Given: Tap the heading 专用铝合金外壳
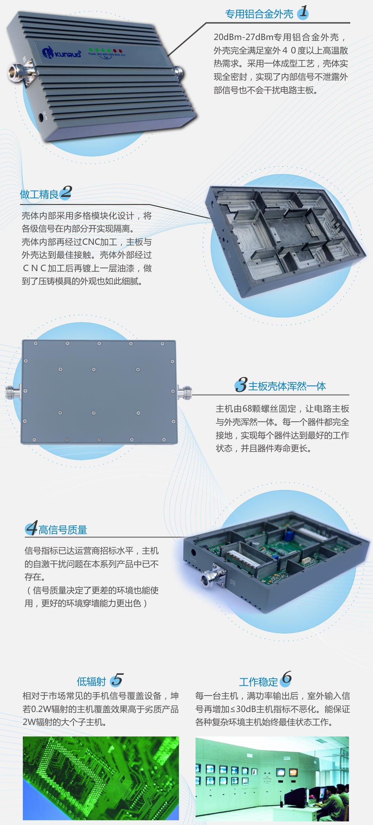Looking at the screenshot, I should [x=259, y=14].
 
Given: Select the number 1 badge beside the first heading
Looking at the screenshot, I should [x=303, y=12].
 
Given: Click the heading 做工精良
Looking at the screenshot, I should [x=39, y=194].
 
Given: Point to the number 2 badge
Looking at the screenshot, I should [x=66, y=192].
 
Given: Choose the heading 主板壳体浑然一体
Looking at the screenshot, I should [x=287, y=386].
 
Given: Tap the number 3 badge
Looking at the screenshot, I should [x=241, y=385].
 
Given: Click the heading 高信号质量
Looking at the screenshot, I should [x=63, y=530].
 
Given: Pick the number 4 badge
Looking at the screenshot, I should [x=31, y=528].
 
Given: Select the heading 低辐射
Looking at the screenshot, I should [x=91, y=681].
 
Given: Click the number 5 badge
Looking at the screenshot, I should [x=117, y=680].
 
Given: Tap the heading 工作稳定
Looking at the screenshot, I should [x=258, y=681].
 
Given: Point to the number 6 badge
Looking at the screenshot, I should [x=286, y=678].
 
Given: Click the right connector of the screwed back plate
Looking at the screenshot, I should [x=185, y=392].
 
